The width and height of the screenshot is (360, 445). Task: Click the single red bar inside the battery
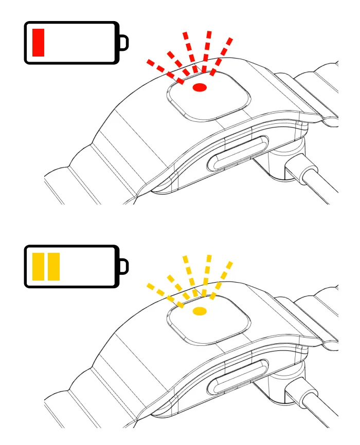[39, 43]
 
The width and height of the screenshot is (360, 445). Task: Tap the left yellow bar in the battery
[39, 267]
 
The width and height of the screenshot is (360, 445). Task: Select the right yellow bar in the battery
[53, 267]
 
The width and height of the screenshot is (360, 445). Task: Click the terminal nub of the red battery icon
[123, 43]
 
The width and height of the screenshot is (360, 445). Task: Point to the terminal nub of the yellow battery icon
[123, 266]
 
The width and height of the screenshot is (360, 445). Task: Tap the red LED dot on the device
[200, 88]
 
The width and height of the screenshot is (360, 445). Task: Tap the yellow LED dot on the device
[200, 311]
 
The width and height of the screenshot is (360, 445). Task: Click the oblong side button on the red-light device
[238, 154]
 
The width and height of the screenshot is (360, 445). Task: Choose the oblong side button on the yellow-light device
[238, 377]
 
